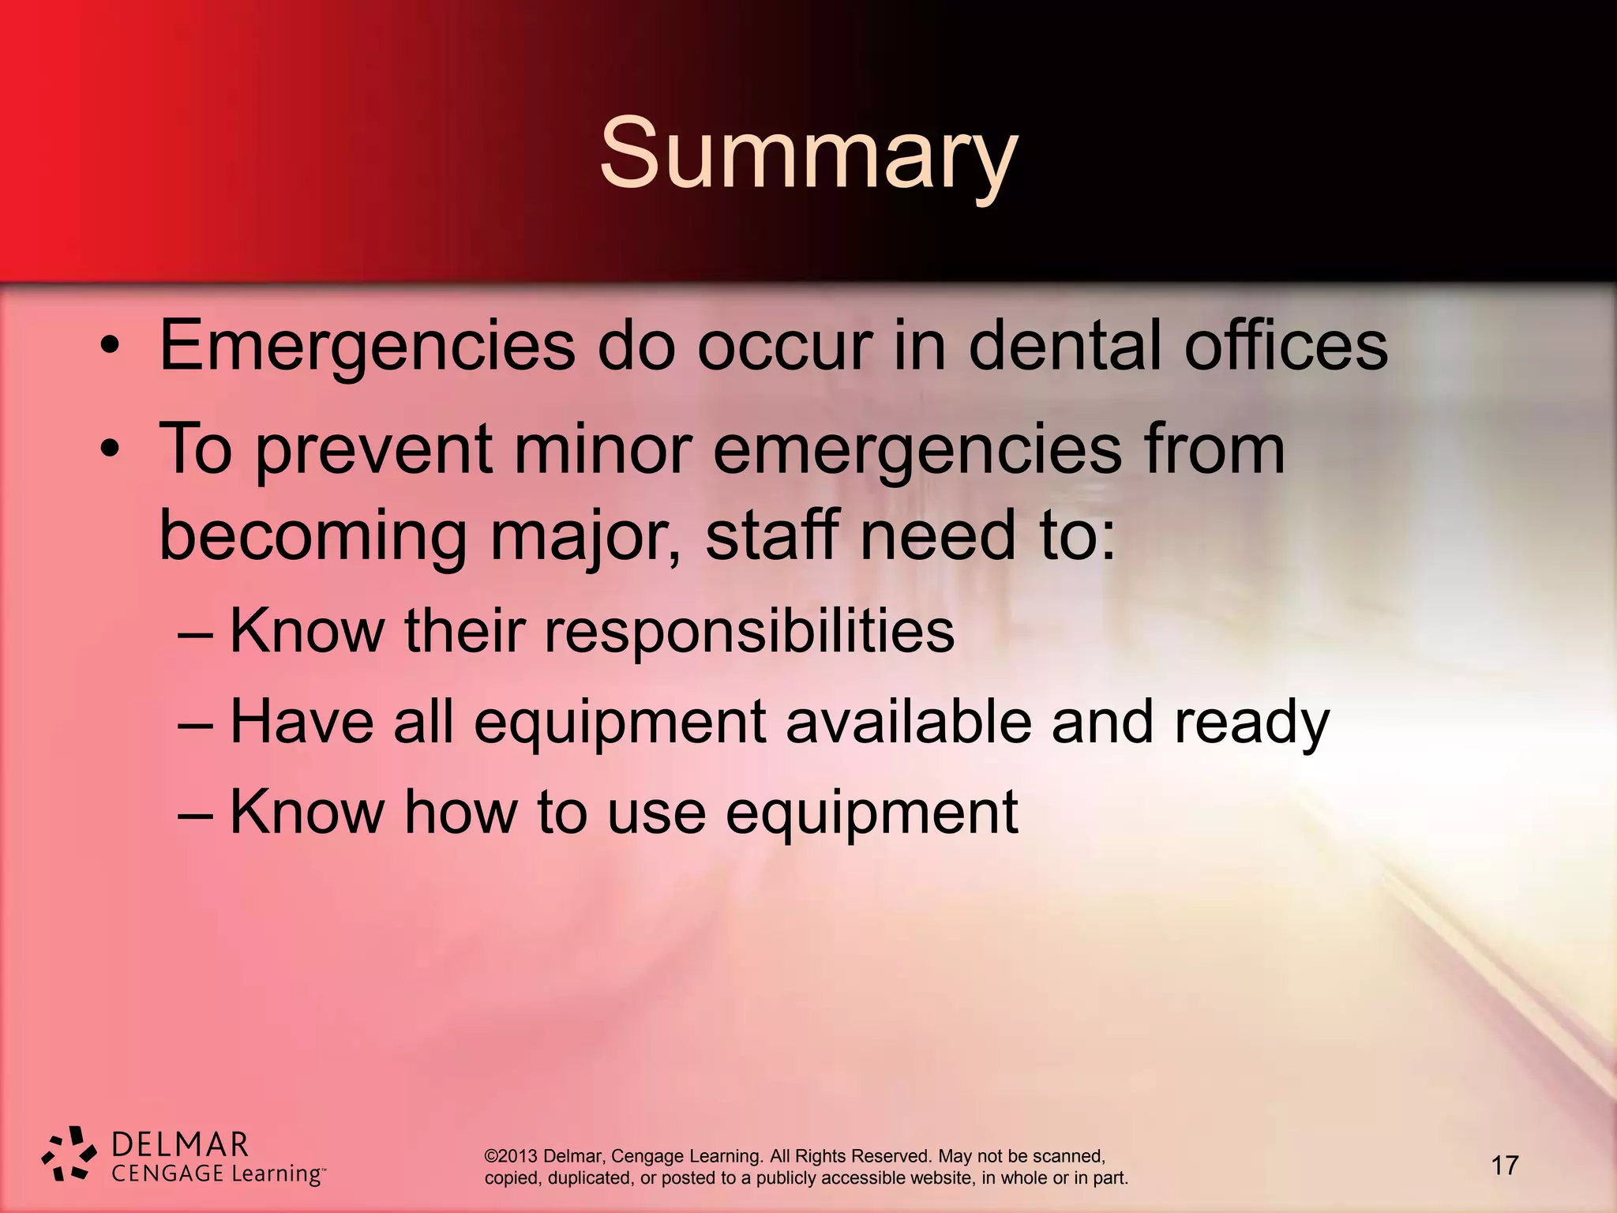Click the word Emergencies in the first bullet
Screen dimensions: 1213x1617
pyautogui.click(x=367, y=345)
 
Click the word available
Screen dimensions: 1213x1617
pyautogui.click(x=908, y=721)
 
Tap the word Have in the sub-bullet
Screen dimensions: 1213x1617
pyautogui.click(x=301, y=721)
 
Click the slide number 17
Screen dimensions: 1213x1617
pyautogui.click(x=1504, y=1165)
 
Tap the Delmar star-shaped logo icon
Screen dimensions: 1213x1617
pyautogui.click(x=69, y=1154)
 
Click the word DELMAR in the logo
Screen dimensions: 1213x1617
pyautogui.click(x=180, y=1144)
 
